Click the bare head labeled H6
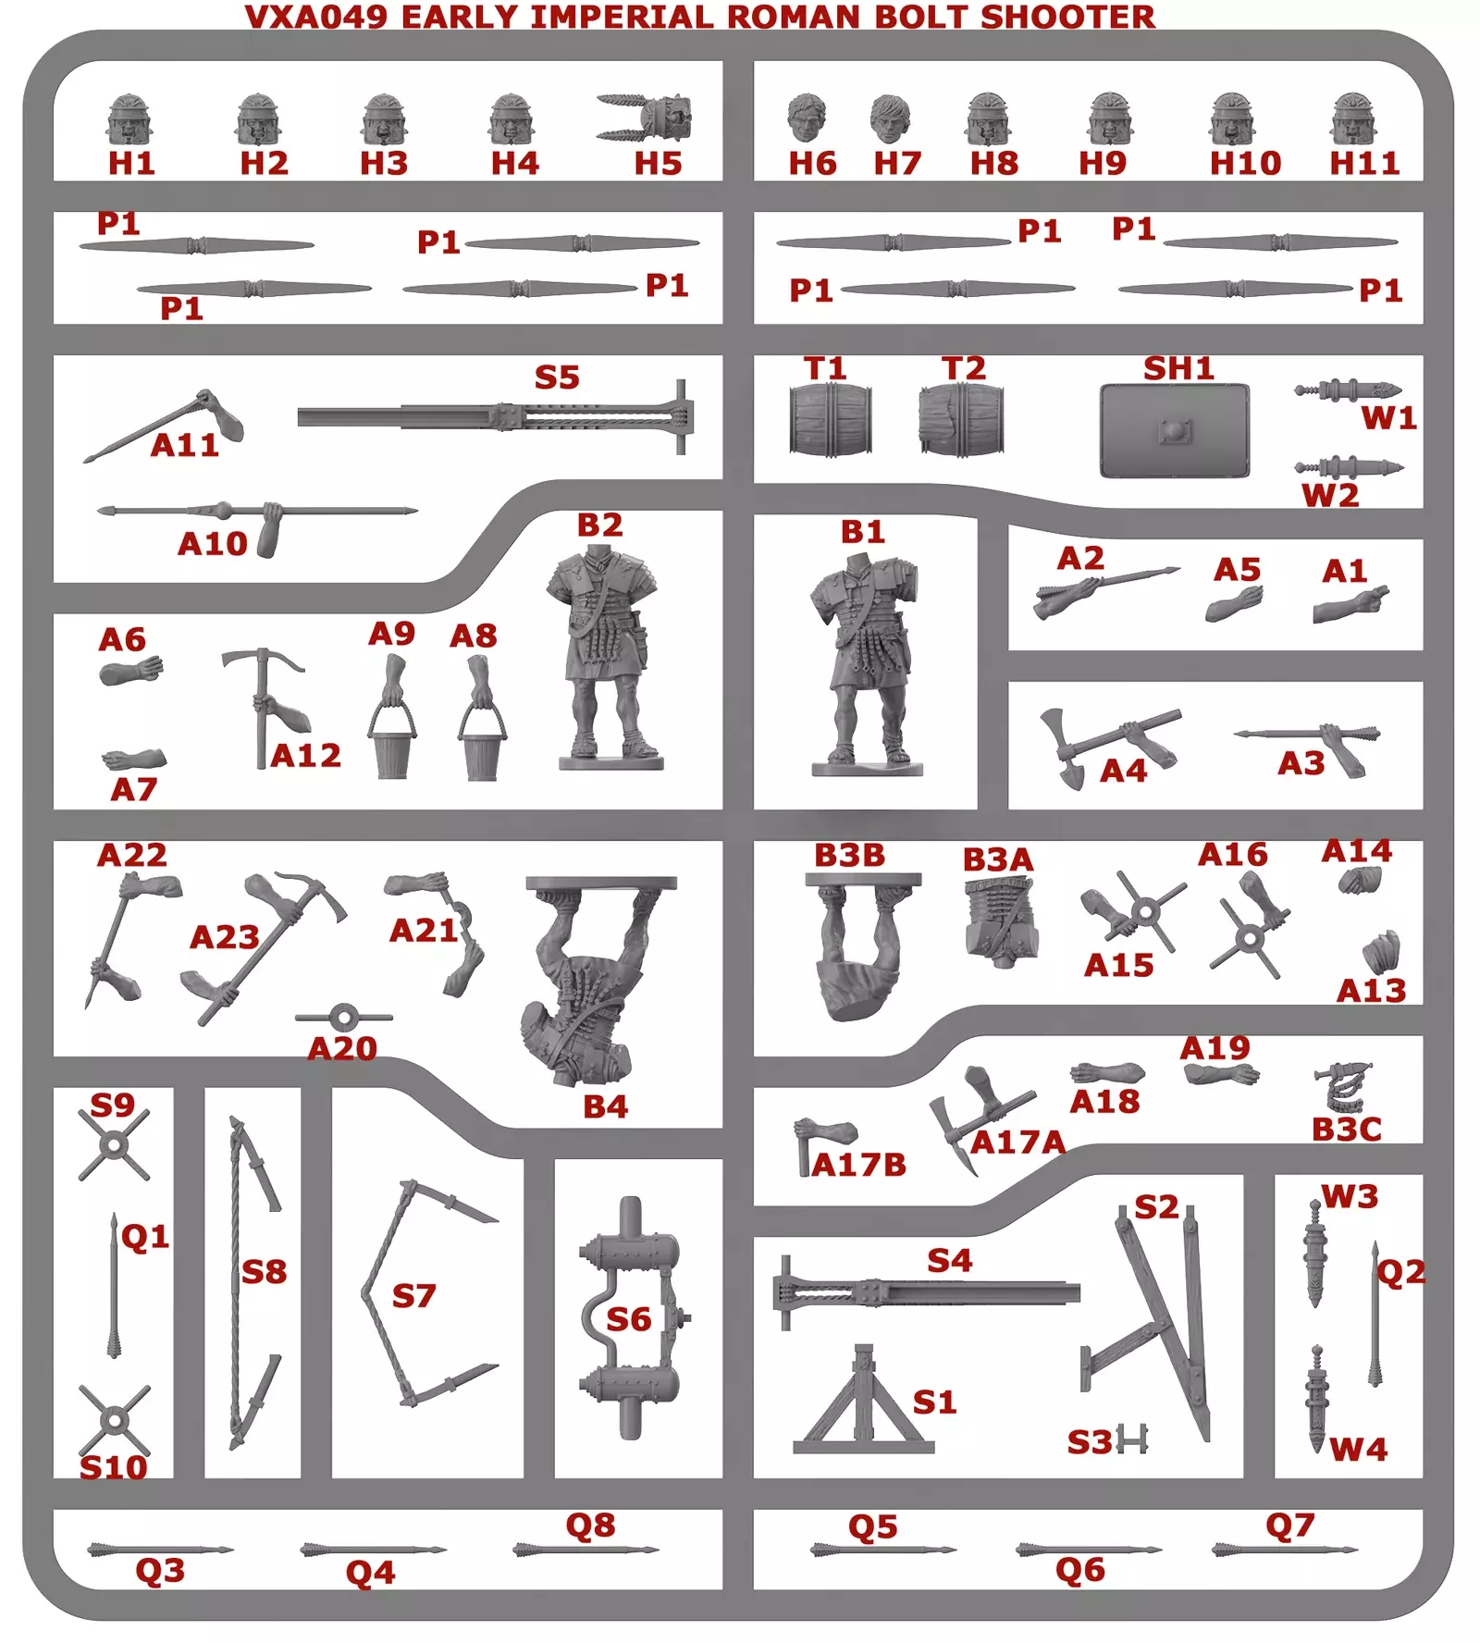[807, 119]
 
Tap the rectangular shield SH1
[1175, 431]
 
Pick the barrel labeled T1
[830, 420]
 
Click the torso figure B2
[607, 657]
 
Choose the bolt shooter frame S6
[631, 1317]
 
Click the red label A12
[306, 756]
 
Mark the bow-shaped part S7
[427, 1293]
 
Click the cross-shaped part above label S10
[114, 1420]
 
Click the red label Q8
[590, 1526]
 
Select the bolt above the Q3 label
[161, 1550]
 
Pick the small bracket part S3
[1132, 1439]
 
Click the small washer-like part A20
[344, 1018]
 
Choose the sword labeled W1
[1348, 390]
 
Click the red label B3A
[997, 859]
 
